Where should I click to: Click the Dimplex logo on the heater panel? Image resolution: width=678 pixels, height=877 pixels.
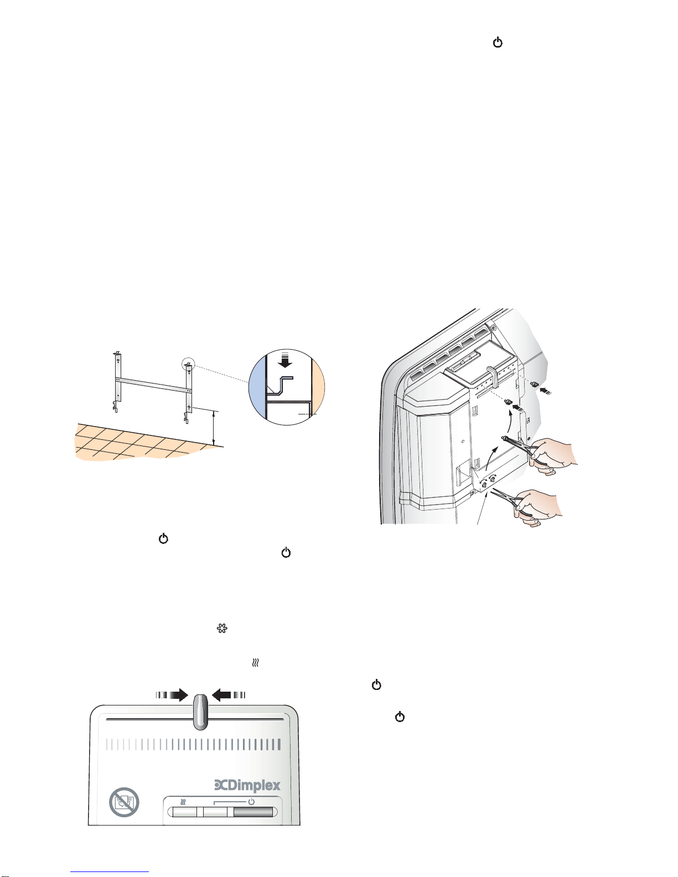[x=247, y=785]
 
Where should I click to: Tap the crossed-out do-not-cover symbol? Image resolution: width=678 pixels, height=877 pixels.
[x=125, y=802]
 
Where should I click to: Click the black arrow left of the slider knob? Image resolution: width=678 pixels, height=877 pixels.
[x=172, y=695]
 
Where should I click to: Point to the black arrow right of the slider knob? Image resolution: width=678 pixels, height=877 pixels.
[x=229, y=695]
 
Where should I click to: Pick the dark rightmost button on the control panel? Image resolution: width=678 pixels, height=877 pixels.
[x=253, y=812]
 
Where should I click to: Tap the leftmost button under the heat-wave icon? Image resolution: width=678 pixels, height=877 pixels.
[x=185, y=812]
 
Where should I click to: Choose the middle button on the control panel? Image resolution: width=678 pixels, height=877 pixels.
[x=215, y=812]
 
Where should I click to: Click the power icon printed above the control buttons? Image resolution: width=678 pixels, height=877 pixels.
[x=251, y=801]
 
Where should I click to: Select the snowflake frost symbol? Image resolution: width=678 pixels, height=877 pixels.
[x=222, y=629]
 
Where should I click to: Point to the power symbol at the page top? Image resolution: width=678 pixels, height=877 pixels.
[x=498, y=43]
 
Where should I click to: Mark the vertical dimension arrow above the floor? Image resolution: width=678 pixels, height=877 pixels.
[x=214, y=428]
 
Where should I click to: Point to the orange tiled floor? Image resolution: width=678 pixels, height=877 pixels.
[x=145, y=443]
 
